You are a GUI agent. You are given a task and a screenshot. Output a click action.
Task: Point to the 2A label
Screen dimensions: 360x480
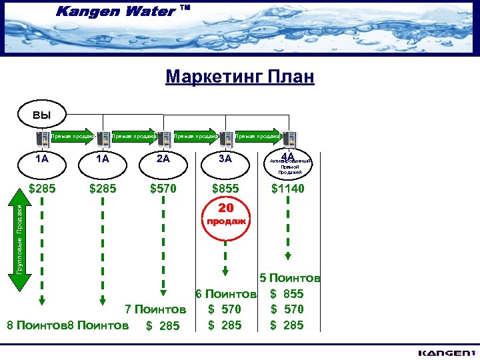163,159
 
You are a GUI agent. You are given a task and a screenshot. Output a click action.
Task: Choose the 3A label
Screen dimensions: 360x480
225,159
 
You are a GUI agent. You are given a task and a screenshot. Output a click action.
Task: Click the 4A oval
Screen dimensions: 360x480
289,162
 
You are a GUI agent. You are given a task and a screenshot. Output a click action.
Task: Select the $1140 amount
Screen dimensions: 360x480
287,189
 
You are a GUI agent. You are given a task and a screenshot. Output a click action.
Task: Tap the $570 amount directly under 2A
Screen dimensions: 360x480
163,189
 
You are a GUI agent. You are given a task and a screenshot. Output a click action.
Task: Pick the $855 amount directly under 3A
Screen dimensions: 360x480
225,189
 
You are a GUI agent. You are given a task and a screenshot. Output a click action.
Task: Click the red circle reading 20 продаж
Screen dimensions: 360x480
225,214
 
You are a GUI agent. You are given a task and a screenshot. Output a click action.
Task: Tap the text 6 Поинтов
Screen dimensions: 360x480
226,293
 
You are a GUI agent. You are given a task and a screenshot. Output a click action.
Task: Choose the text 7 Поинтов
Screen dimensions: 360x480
155,309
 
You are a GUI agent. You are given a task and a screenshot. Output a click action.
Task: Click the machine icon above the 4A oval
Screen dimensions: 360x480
289,139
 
